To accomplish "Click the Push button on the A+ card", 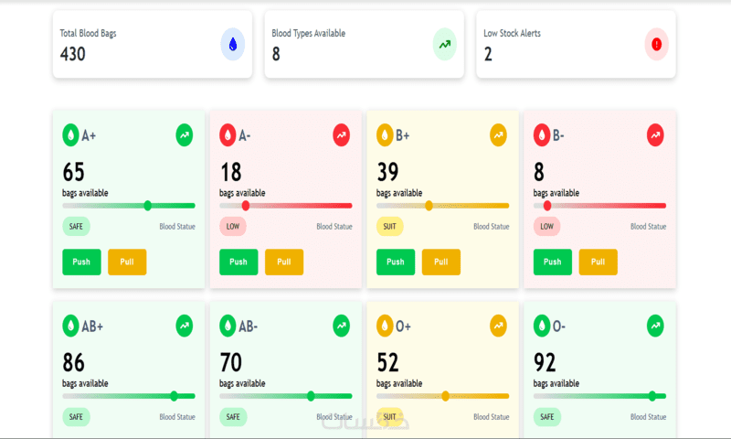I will click(81, 262).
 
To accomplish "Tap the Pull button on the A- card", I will click(284, 262).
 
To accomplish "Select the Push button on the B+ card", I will click(395, 262).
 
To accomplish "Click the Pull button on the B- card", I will click(598, 262).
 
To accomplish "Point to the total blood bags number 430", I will click(73, 54).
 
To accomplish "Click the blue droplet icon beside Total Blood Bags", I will click(233, 44).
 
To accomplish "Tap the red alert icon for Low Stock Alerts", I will click(656, 44).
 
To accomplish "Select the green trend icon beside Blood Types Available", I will click(444, 44).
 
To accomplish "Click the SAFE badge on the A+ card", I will click(76, 226).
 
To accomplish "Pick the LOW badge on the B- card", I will click(546, 226).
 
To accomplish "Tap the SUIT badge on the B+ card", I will click(389, 226).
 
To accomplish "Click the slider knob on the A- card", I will click(246, 206).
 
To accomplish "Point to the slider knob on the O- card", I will click(652, 396).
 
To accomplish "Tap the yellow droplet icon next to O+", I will click(385, 326).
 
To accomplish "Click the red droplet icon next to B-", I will click(542, 135).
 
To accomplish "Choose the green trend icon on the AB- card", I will click(341, 326).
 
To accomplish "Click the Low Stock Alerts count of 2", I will click(488, 54).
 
